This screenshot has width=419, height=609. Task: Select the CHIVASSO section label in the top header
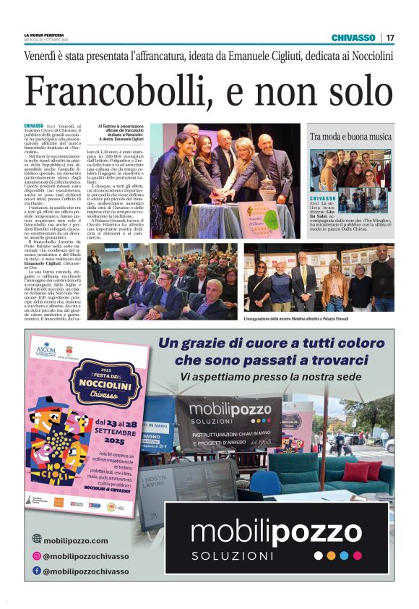[x=353, y=38]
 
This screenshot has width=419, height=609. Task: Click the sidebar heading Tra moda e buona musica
[x=350, y=136]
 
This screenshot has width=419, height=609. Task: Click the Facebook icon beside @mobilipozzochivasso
[x=36, y=571]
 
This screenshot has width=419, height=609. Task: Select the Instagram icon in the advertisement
[x=36, y=555]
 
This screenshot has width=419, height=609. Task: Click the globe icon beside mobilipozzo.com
[x=36, y=539]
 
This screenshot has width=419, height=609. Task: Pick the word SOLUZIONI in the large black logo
[x=233, y=555]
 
